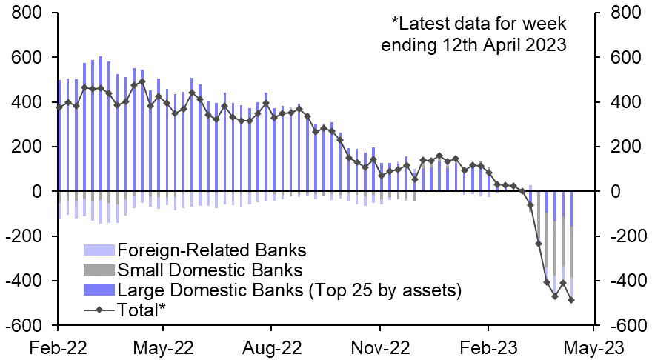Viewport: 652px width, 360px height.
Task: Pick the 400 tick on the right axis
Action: coord(622,102)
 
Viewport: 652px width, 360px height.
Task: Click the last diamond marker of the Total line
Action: coord(571,300)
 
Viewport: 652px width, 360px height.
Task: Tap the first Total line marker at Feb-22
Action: coord(59,107)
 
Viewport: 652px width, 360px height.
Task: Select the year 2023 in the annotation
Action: coord(544,44)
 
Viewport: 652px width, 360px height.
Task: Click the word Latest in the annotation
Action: coord(435,23)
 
